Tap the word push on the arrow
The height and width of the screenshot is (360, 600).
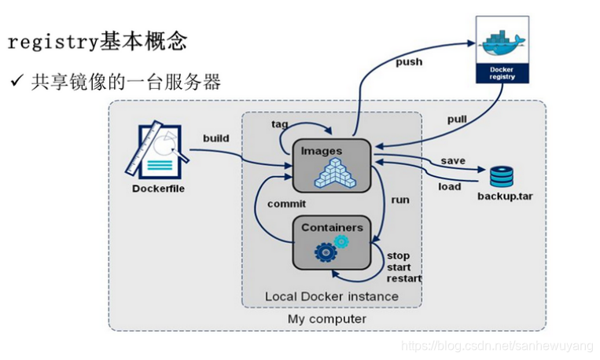pos(409,61)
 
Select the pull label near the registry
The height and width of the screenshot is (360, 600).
pos(458,119)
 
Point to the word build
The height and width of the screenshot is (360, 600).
pos(215,138)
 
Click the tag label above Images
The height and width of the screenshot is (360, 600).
pos(280,124)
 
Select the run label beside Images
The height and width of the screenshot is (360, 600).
pos(400,200)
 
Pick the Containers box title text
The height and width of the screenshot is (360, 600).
pos(332,227)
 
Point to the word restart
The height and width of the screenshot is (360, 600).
pos(404,278)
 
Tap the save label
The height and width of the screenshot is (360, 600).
pos(452,160)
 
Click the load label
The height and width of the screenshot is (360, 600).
pos(449,186)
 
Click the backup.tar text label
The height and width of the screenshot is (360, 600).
pos(504,195)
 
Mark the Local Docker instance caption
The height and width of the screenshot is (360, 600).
pos(331,296)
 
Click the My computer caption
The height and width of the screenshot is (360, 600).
pos(326,319)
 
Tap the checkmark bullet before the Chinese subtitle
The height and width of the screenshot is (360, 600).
pos(16,82)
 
